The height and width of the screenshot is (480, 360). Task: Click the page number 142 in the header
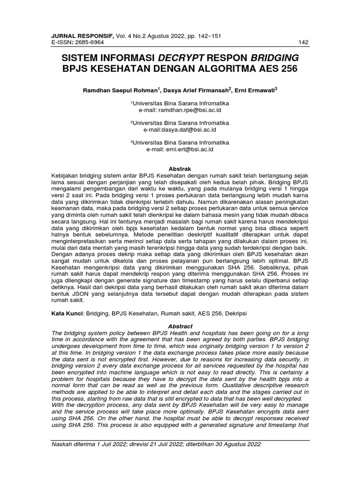pyautogui.click(x=303, y=43)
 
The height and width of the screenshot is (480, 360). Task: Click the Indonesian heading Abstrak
pyautogui.click(x=180, y=168)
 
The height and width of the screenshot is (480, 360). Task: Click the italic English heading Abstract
pyautogui.click(x=180, y=326)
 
